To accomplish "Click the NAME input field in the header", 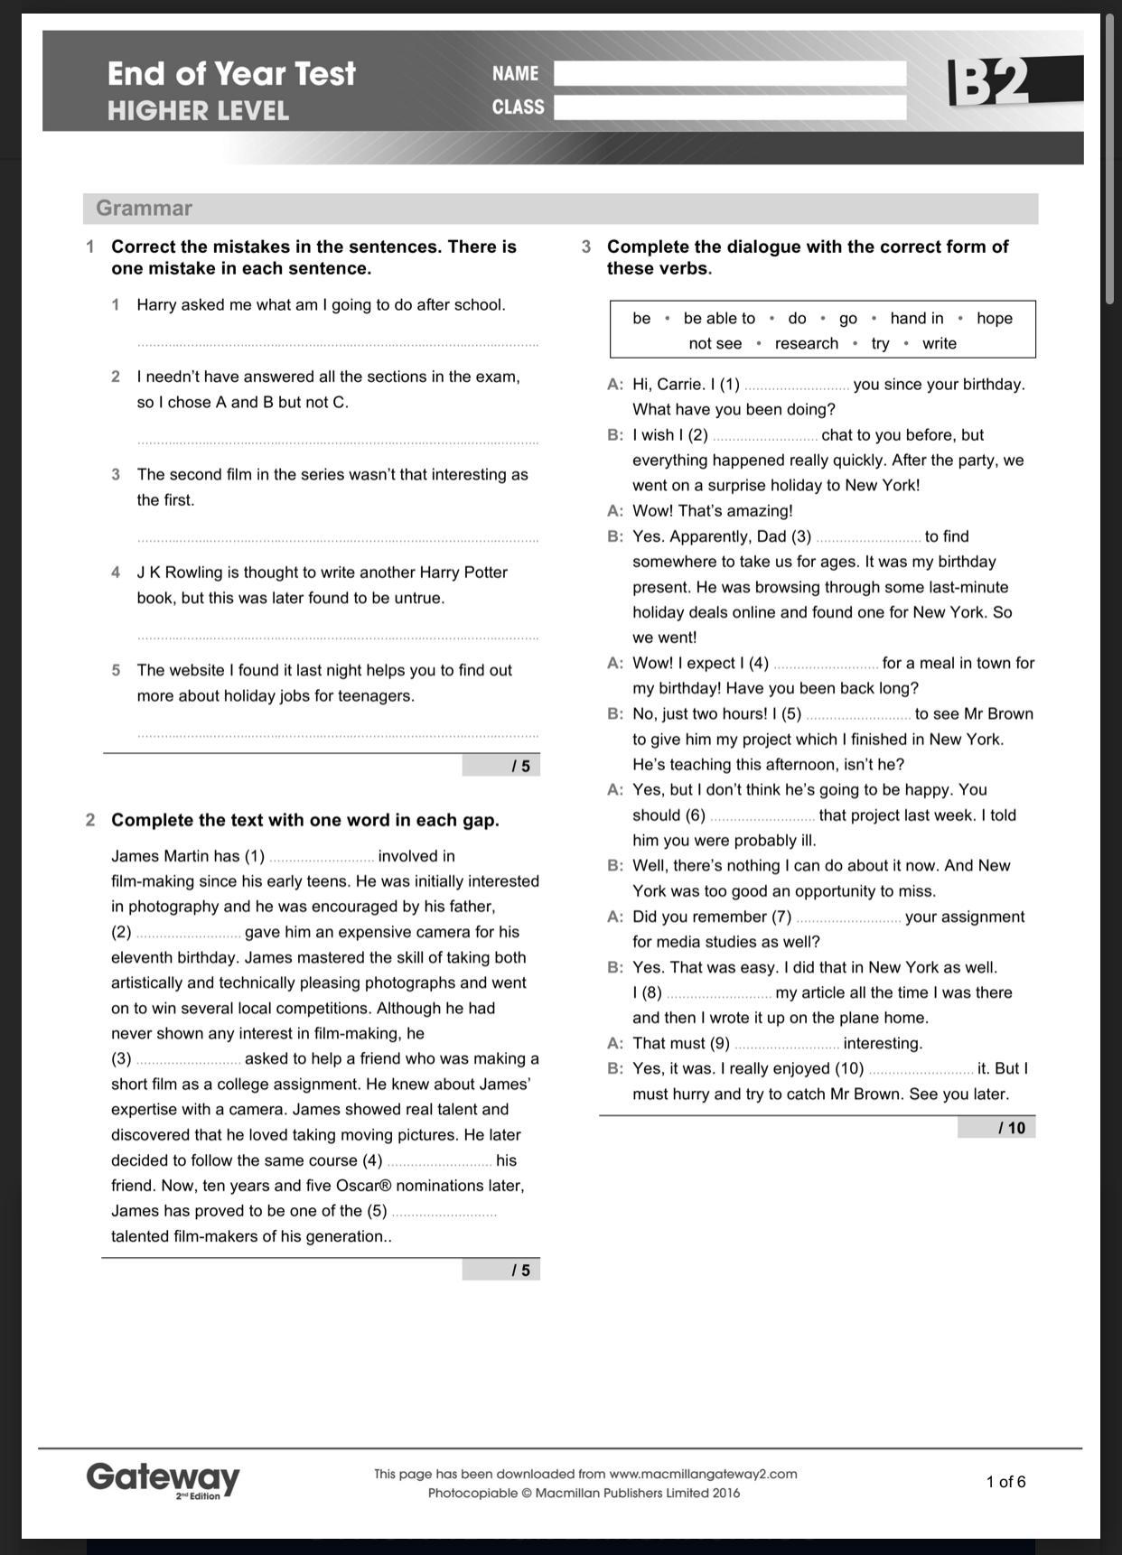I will click(x=729, y=74).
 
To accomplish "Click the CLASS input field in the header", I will click(x=729, y=107).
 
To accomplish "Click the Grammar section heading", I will click(x=144, y=209).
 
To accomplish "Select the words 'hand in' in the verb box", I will click(x=916, y=318).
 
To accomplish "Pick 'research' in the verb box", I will click(x=806, y=343).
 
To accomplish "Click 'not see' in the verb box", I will click(x=715, y=343).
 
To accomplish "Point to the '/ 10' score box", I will click(x=997, y=1127).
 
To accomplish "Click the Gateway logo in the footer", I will click(x=164, y=1479).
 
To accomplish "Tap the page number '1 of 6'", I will click(x=1005, y=1482).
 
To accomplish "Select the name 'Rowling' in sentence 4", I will click(x=193, y=573).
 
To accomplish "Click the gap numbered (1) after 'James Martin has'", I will click(x=322, y=858).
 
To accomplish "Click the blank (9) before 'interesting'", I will click(x=786, y=1045).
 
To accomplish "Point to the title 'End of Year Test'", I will click(x=231, y=73).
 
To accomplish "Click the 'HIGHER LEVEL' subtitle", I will click(x=198, y=111).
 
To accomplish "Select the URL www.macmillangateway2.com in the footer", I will click(x=703, y=1474).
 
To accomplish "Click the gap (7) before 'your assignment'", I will click(x=847, y=918).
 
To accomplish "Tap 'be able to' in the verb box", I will click(x=719, y=318).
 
